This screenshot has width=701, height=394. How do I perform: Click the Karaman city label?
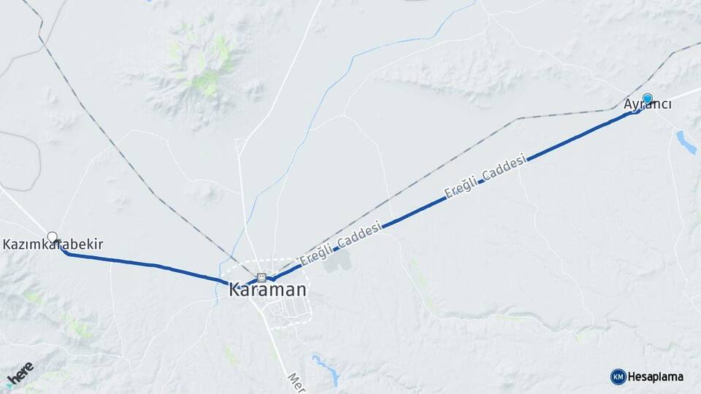pyautogui.click(x=267, y=290)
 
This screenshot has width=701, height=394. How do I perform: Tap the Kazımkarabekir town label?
pyautogui.click(x=53, y=244)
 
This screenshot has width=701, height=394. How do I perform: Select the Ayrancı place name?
pyautogui.click(x=648, y=104)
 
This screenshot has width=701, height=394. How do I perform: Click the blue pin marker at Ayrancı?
pyautogui.click(x=647, y=98)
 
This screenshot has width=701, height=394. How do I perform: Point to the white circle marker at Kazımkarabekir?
pyautogui.click(x=52, y=236)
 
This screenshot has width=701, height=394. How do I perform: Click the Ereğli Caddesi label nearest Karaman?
pyautogui.click(x=340, y=245)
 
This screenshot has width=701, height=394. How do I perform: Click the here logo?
pyautogui.click(x=20, y=373)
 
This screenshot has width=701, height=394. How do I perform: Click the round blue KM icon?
pyautogui.click(x=618, y=376)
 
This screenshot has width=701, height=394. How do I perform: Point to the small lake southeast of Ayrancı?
pyautogui.click(x=686, y=142)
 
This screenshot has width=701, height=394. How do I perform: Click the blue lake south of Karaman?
pyautogui.click(x=326, y=368)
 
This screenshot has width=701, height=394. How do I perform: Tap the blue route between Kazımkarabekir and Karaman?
pyautogui.click(x=146, y=264)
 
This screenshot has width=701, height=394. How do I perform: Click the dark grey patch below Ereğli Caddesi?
pyautogui.click(x=335, y=261)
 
